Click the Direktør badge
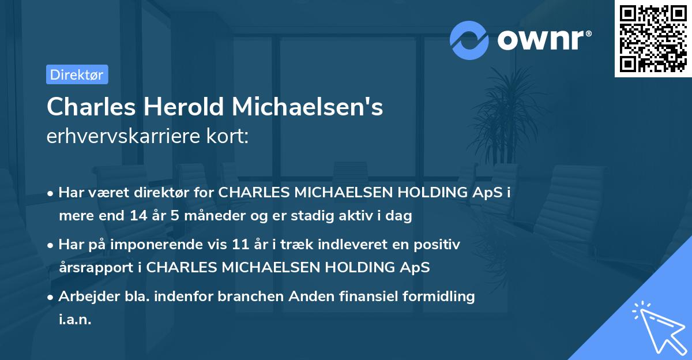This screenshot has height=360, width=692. [77, 74]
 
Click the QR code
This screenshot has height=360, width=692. [653, 39]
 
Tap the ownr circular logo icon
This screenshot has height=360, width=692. [469, 40]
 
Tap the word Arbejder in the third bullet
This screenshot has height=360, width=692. [83, 297]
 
